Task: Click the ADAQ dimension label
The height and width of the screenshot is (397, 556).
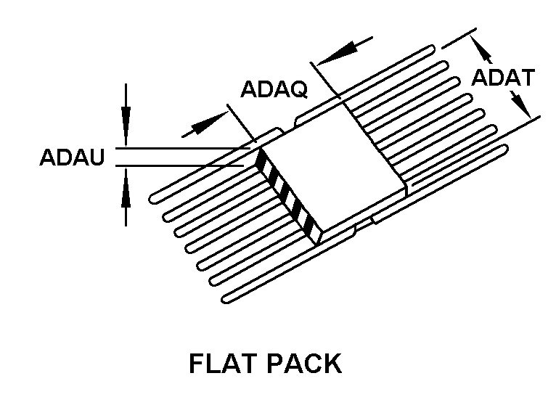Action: tap(274, 89)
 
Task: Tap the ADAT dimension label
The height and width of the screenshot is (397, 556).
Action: tap(503, 78)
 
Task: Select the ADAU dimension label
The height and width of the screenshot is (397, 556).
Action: tap(72, 157)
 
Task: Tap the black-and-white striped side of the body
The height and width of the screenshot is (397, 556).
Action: tap(288, 197)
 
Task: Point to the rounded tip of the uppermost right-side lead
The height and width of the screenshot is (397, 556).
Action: tap(432, 49)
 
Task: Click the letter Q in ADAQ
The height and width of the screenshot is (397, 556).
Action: tap(298, 90)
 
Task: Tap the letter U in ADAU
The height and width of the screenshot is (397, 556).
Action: tap(97, 157)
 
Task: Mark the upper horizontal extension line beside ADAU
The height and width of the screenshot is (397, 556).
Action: tap(183, 148)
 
